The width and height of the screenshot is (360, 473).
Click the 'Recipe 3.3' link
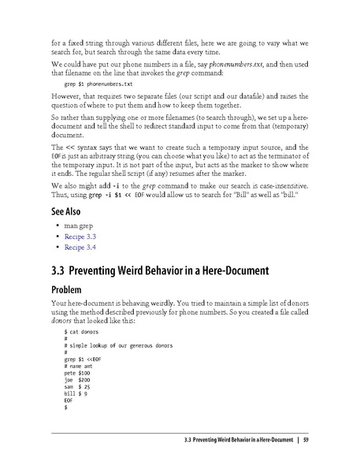point(81,236)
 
